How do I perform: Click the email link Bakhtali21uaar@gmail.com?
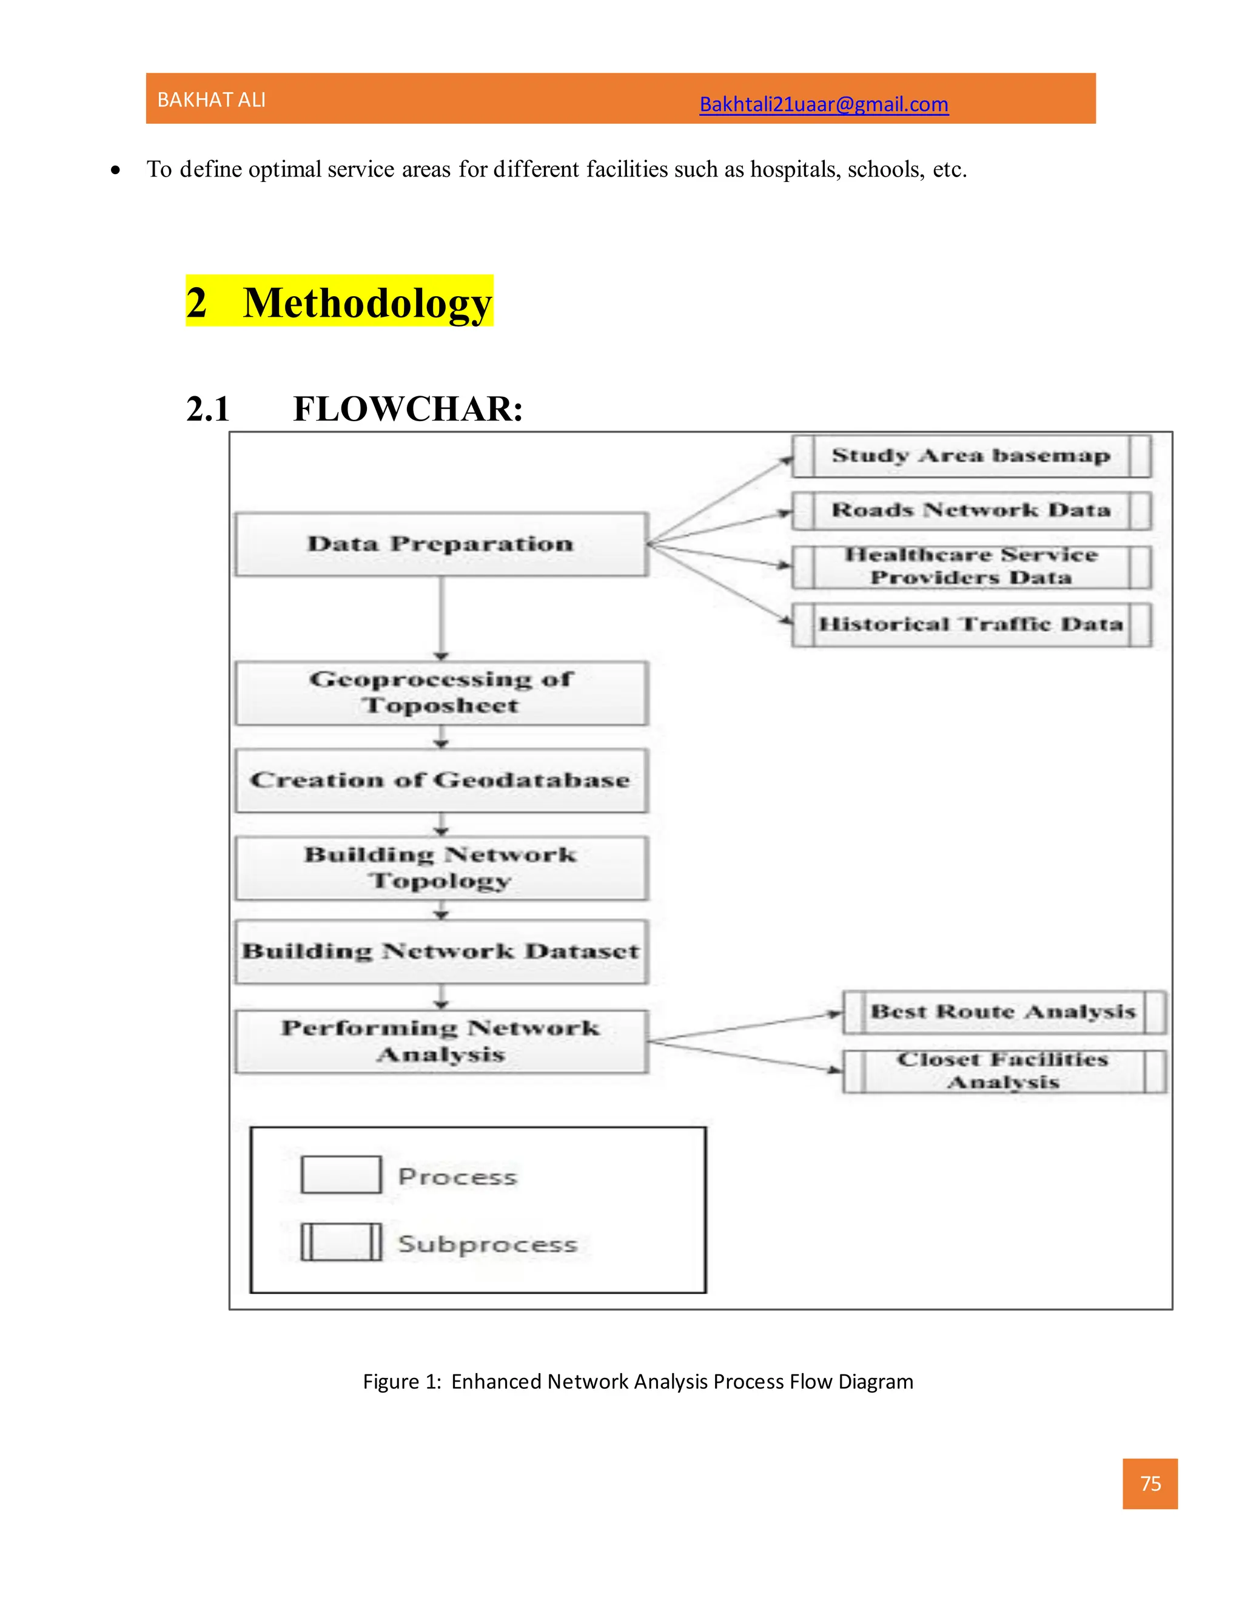824,104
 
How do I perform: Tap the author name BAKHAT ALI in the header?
211,100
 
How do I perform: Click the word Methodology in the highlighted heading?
366,303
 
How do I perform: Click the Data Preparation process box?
441,544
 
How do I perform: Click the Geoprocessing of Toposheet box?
441,693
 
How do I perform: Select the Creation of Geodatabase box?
441,780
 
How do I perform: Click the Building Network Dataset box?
441,951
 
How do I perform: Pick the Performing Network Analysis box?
441,1041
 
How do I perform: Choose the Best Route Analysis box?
1003,1012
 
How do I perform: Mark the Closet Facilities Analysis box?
1003,1070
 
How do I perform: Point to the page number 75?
1150,1484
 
